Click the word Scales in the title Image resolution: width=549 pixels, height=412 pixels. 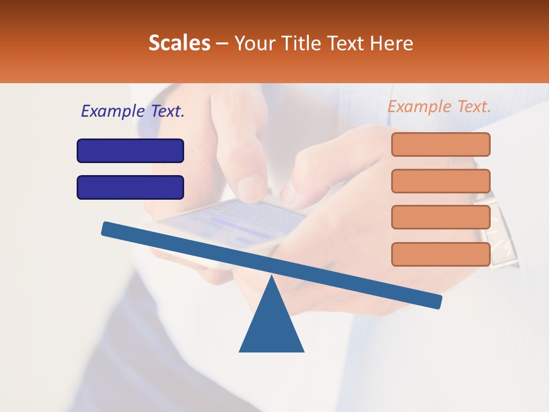click(179, 43)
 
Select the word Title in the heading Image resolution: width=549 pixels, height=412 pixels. click(303, 43)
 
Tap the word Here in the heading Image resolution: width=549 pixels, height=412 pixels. click(392, 43)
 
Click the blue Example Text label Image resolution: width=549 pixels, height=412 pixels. click(133, 111)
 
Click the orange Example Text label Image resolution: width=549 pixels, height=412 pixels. click(439, 106)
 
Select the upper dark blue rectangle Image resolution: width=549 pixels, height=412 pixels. click(130, 150)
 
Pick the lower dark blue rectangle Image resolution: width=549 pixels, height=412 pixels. click(130, 187)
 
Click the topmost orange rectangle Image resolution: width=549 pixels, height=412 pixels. click(441, 144)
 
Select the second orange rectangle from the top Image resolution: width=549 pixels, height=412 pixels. click(441, 181)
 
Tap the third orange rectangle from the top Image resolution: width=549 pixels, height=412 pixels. click(441, 217)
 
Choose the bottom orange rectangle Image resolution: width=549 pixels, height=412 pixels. click(441, 254)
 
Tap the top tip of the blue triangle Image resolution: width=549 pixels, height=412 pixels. click(272, 278)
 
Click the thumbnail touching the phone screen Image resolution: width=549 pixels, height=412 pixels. click(251, 185)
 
